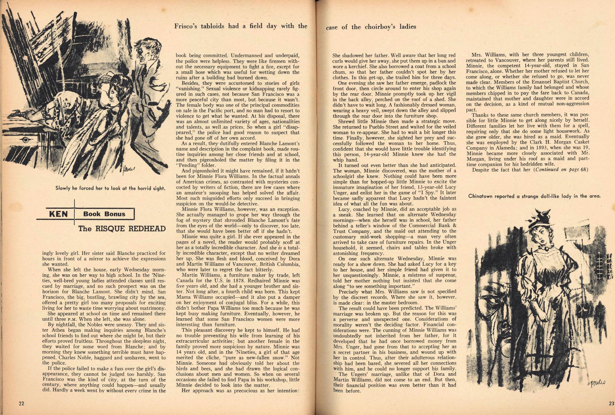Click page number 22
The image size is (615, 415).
[x=21, y=403]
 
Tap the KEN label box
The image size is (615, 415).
[x=58, y=214]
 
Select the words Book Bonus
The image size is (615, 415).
[x=104, y=214]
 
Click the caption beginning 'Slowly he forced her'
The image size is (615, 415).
[x=110, y=188]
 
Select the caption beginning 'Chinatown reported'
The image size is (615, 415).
[x=534, y=196]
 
